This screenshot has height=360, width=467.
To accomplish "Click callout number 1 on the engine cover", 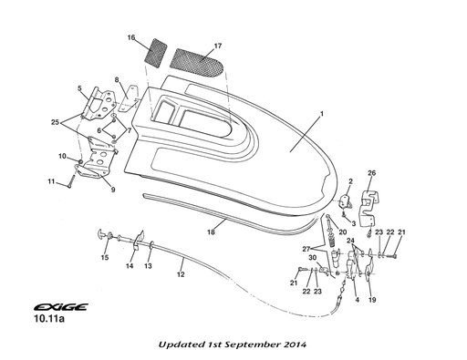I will (321, 116).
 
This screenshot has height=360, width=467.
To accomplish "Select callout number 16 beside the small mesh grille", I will (132, 37).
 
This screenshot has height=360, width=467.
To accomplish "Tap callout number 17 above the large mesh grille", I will (218, 46).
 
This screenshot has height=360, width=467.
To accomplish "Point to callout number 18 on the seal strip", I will (212, 231).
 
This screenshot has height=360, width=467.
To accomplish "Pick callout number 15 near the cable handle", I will (105, 258).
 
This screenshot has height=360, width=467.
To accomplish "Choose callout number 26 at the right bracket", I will (371, 172).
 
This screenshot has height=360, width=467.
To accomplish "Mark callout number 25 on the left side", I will (56, 121).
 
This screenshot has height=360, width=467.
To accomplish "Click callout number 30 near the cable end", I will (312, 259).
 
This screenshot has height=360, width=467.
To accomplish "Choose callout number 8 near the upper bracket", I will (118, 80).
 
